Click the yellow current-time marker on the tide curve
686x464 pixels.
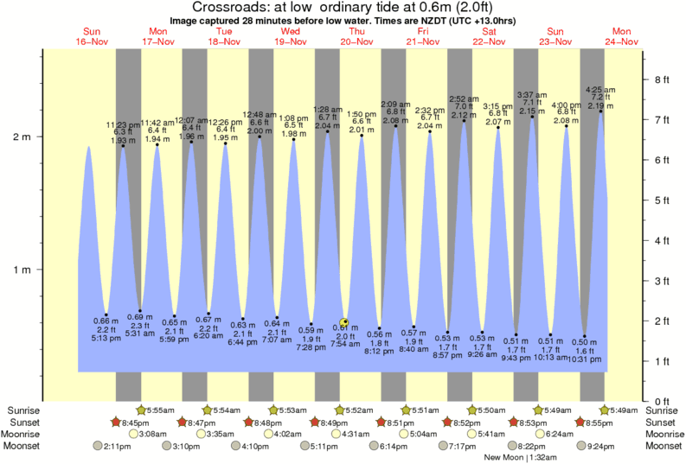click(345, 321)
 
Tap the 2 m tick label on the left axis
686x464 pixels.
click(22, 137)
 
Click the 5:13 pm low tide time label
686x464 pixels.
click(106, 339)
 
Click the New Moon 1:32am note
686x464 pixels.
click(518, 457)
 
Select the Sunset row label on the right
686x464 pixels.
click(662, 423)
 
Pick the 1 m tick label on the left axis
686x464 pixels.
click(22, 270)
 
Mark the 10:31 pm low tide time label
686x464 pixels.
click(586, 359)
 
